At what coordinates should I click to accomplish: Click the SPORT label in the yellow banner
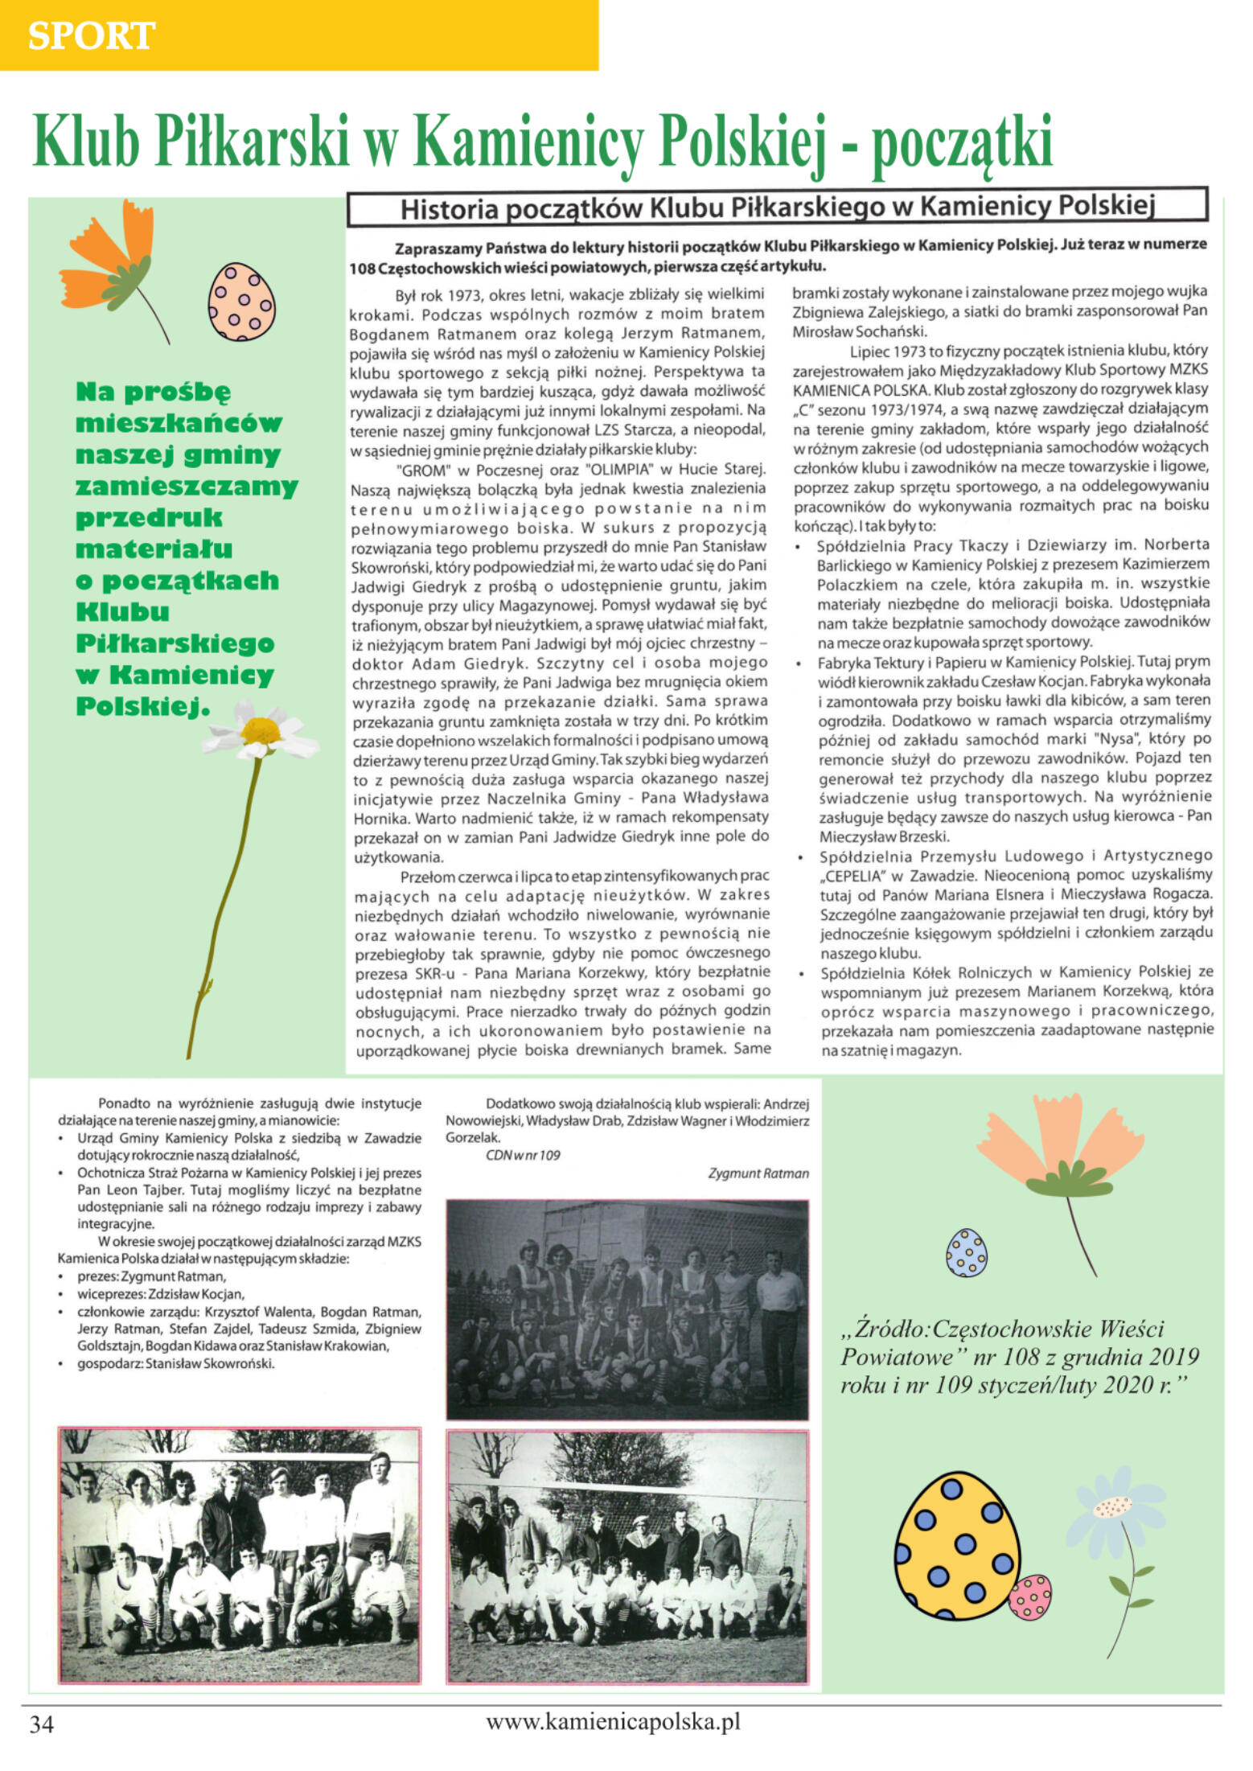(x=91, y=35)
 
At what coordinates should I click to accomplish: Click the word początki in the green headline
(x=962, y=142)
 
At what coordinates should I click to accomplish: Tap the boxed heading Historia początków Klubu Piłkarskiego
(x=777, y=208)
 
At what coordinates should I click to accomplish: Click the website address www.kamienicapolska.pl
(x=613, y=1721)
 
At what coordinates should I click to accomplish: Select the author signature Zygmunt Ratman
(x=758, y=1173)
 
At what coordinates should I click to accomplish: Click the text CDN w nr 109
(x=523, y=1155)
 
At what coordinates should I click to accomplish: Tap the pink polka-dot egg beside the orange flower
(x=241, y=302)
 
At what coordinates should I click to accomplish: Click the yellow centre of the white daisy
(x=260, y=730)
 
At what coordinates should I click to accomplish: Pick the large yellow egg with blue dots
(x=957, y=1546)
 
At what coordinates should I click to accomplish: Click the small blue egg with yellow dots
(x=966, y=1252)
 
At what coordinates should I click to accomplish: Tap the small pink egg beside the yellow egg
(x=1029, y=1596)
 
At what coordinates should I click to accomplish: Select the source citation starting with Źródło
(x=1019, y=1356)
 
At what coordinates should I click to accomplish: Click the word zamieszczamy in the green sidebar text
(x=187, y=486)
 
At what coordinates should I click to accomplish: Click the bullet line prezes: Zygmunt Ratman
(x=151, y=1276)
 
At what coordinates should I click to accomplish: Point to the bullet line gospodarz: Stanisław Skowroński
(x=175, y=1363)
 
